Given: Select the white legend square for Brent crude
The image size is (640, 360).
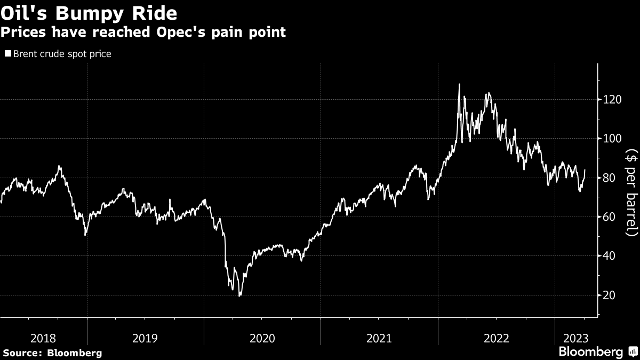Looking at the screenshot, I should [8, 54].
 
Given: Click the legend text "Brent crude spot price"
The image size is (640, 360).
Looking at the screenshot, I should [62, 54].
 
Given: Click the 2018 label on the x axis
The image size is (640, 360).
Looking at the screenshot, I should [43, 338].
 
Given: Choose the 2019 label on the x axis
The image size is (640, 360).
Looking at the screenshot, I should [145, 338].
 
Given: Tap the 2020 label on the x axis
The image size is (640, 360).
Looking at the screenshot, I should [262, 338].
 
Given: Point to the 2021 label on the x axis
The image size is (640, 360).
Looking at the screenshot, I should [379, 338].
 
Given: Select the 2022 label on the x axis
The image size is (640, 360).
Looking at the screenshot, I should [496, 338].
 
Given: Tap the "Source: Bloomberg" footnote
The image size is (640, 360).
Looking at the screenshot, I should [52, 353].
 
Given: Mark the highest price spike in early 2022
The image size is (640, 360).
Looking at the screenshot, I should [459, 84].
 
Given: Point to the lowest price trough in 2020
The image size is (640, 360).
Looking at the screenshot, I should [239, 295].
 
